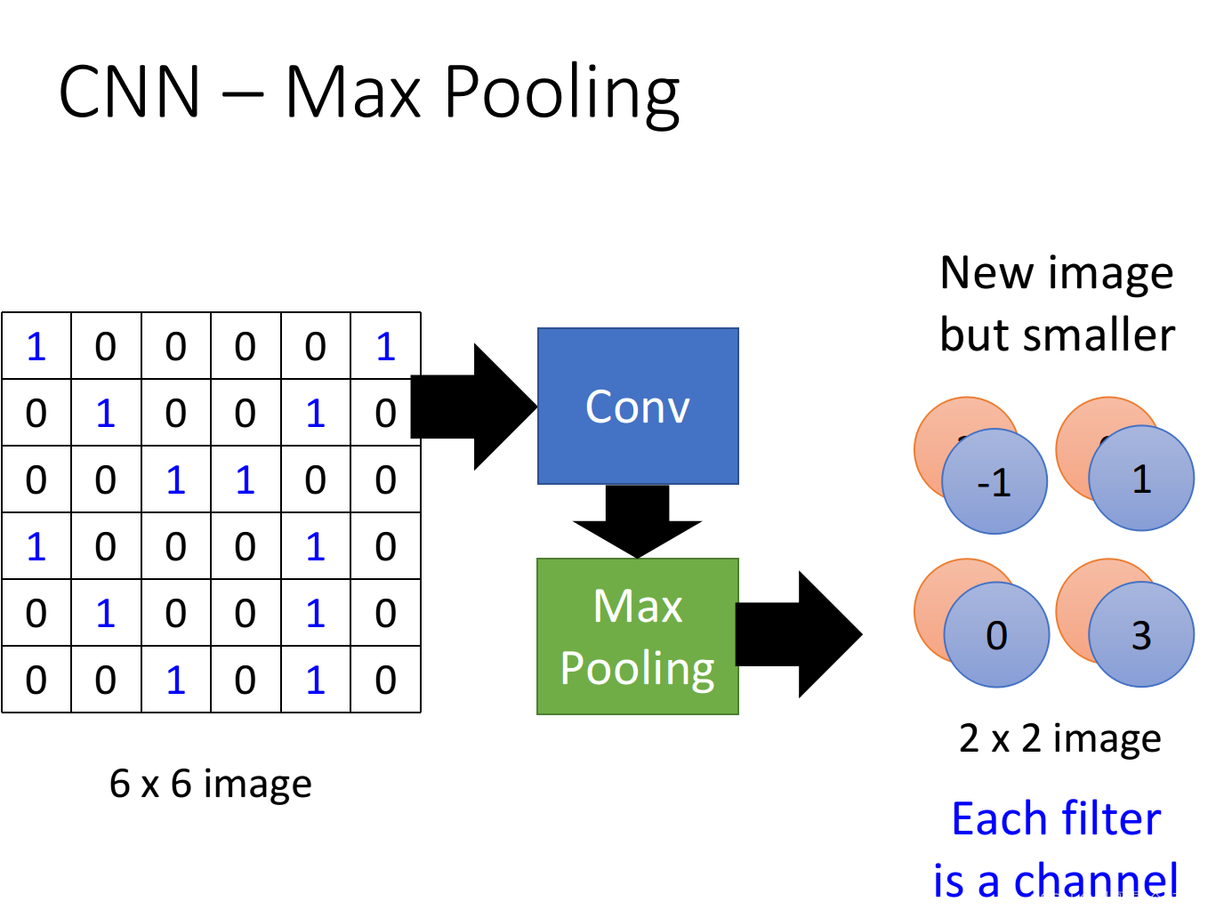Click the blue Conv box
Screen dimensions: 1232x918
point(638,407)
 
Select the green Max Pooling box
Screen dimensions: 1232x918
point(638,636)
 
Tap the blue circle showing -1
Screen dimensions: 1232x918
point(994,481)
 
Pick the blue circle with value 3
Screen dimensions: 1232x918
point(1141,634)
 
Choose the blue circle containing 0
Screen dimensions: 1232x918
point(996,634)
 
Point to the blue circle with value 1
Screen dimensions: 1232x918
point(1141,478)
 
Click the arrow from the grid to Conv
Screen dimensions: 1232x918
point(474,407)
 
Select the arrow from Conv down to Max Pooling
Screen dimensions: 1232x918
point(637,521)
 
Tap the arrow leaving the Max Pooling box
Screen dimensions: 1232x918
point(799,634)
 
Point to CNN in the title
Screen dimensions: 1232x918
point(128,91)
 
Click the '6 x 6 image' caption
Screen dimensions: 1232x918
point(211,784)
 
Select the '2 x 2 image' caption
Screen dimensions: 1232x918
point(1059,739)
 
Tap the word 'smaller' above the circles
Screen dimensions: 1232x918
point(1099,335)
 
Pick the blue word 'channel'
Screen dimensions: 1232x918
point(1095,880)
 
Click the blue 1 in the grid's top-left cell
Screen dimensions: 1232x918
point(36,346)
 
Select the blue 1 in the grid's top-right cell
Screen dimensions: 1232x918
point(386,346)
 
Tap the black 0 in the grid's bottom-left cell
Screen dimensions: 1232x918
point(36,680)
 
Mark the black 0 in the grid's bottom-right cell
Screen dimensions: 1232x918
point(385,680)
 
